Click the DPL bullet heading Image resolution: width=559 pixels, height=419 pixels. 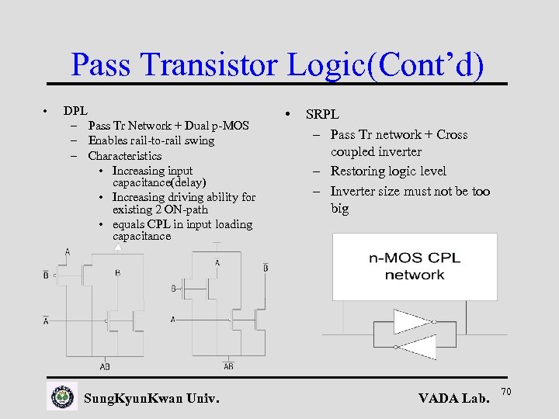click(75, 111)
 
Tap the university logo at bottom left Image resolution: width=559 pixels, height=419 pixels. click(62, 396)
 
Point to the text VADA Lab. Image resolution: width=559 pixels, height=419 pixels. click(454, 398)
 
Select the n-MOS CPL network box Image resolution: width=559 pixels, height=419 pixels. click(415, 267)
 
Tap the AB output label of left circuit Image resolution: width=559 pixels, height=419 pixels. click(105, 365)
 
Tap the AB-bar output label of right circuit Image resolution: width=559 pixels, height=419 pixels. click(228, 365)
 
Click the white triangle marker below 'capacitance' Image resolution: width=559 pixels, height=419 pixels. click(117, 247)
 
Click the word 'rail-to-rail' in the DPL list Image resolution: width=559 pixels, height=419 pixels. click(155, 140)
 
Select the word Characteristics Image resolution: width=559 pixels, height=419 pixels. click(125, 155)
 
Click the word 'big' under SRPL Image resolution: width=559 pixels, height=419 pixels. click(340, 208)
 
